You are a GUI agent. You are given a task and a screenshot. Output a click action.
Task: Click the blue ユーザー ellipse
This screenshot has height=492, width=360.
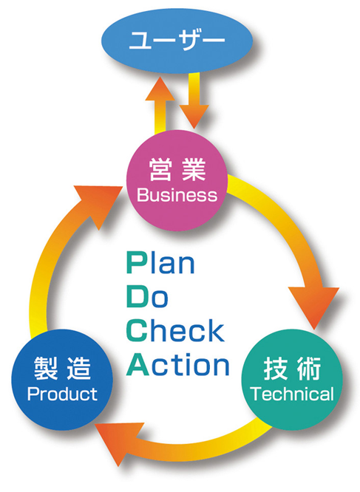[177, 41]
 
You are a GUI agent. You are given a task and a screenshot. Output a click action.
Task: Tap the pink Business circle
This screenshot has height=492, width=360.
[177, 180]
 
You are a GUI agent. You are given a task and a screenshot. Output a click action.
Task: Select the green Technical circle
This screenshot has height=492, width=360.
[292, 380]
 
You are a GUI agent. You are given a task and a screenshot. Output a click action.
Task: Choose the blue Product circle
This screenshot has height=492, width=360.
[62, 380]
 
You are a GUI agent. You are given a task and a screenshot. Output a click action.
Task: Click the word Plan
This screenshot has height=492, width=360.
[160, 263]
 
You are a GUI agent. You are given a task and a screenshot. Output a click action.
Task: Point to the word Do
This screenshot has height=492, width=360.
[147, 296]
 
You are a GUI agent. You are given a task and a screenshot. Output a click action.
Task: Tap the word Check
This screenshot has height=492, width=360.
[175, 330]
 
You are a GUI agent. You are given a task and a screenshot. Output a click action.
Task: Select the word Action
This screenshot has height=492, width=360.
[177, 364]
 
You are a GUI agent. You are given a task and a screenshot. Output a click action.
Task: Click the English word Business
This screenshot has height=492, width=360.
[177, 195]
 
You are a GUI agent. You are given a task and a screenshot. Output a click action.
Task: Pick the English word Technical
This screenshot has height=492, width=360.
[292, 394]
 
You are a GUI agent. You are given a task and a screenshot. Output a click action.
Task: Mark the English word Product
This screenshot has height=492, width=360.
[62, 394]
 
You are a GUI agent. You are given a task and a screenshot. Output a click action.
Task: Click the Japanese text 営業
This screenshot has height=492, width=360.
[177, 170]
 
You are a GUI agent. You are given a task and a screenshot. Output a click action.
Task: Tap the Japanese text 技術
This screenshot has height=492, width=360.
[292, 369]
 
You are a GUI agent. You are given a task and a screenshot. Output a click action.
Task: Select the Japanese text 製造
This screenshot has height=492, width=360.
[62, 369]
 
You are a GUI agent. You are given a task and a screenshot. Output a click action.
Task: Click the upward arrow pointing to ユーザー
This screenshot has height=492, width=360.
[160, 106]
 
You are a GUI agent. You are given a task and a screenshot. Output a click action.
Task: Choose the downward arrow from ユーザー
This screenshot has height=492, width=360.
[194, 100]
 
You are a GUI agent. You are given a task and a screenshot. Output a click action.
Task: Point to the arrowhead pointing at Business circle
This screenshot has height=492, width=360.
[101, 204]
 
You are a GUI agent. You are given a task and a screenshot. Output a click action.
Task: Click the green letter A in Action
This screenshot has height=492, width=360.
[137, 364]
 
